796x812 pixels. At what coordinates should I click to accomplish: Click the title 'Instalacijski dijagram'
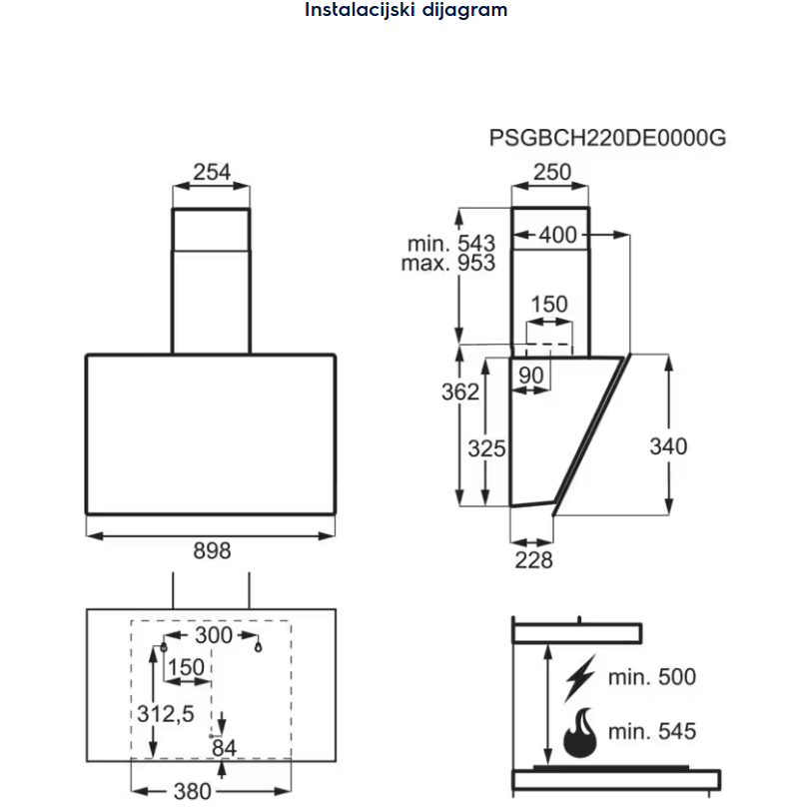tap(405, 11)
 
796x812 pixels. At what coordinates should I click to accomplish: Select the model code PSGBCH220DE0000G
tap(607, 138)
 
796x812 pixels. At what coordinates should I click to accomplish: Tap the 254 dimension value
tap(212, 172)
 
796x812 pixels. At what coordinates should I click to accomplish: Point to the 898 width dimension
tap(212, 550)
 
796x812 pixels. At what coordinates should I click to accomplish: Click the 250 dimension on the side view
tap(551, 172)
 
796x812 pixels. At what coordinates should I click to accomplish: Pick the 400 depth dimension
tap(557, 236)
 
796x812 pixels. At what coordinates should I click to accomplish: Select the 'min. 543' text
tap(451, 244)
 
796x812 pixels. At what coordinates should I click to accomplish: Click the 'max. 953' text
tap(448, 264)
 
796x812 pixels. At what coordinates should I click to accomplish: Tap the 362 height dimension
tap(460, 393)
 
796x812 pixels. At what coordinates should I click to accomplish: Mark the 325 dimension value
tap(487, 447)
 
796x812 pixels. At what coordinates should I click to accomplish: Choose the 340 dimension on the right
tap(668, 445)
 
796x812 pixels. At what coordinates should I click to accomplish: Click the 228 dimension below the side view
tap(533, 559)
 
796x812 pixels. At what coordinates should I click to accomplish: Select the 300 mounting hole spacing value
tap(213, 635)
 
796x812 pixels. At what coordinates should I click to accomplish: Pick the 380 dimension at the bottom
tap(193, 791)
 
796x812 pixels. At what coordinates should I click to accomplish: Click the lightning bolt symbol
tap(578, 678)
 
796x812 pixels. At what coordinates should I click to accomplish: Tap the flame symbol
tap(579, 733)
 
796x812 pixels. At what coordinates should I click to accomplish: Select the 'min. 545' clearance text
tap(651, 732)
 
